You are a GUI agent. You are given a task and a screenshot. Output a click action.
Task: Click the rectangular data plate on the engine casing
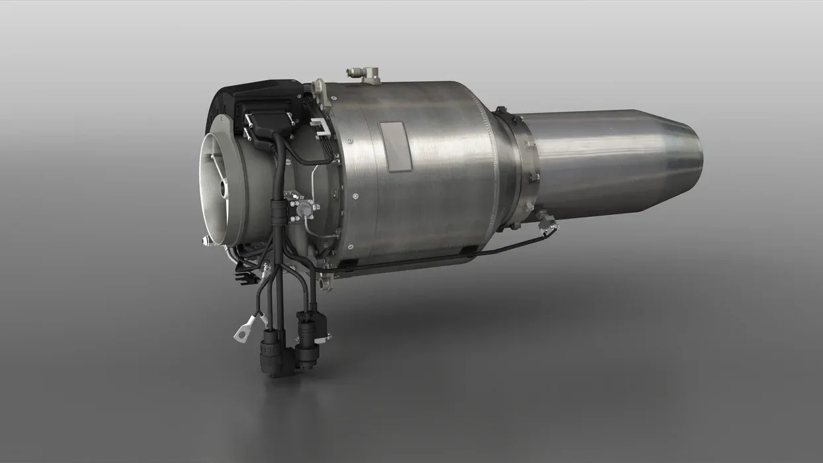click(394, 145)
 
